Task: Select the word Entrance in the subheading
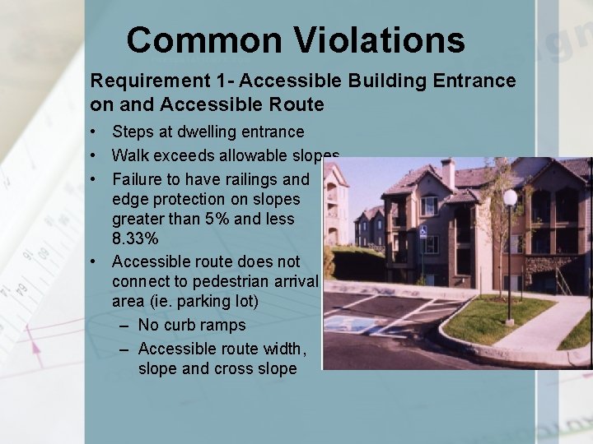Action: [x=478, y=81]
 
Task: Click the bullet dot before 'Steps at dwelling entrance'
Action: [x=96, y=132]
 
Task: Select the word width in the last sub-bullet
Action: [x=285, y=348]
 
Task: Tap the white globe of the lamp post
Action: [x=510, y=197]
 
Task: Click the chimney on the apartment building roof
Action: [x=447, y=173]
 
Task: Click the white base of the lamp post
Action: [x=511, y=321]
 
